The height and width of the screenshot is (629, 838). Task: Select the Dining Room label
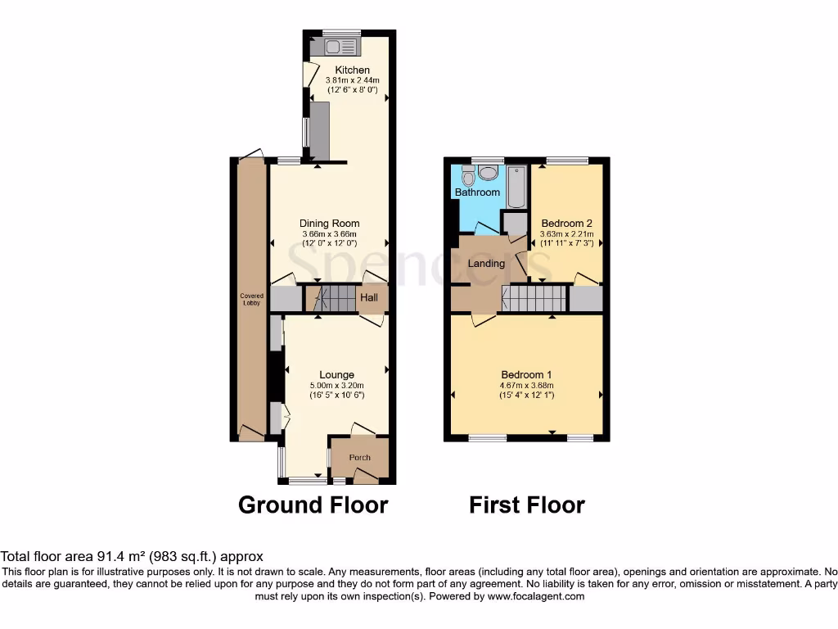[329, 224]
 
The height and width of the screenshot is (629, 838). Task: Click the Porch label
[359, 458]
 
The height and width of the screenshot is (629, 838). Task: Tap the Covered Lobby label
[251, 299]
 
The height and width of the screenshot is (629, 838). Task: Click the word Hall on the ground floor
[369, 298]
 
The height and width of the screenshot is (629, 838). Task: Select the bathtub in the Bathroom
[516, 186]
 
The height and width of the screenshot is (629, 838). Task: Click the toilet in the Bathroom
[467, 175]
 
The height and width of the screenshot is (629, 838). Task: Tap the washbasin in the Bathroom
[489, 172]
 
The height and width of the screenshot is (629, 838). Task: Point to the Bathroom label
[477, 192]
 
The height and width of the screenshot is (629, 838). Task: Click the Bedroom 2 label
[566, 224]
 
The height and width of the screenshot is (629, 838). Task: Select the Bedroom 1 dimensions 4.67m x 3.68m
[527, 386]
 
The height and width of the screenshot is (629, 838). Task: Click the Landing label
[484, 264]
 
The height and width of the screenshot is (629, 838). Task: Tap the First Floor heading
[526, 505]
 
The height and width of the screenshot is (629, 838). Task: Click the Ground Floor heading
[313, 505]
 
